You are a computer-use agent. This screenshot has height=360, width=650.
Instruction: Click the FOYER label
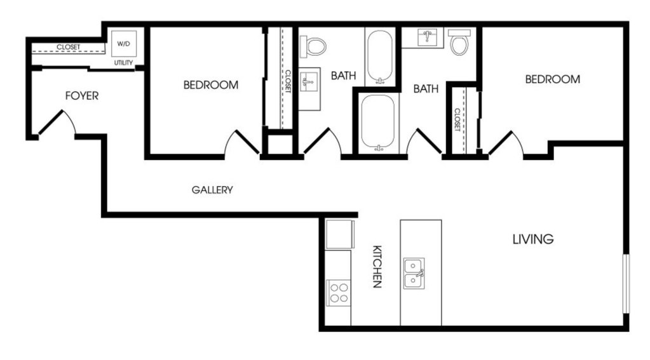pos(82,96)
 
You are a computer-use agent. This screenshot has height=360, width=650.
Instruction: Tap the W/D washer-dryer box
pos(123,44)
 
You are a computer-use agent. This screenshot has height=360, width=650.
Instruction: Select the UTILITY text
pos(123,63)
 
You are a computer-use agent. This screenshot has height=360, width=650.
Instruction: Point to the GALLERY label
pos(212,190)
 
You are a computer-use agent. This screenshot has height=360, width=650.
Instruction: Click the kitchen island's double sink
pos(414,274)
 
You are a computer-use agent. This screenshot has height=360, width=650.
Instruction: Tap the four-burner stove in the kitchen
pos(338,293)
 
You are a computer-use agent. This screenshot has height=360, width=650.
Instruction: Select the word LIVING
pos(533,239)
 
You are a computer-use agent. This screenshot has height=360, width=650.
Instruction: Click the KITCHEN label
pos(377,267)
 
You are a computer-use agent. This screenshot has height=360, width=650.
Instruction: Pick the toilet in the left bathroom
pos(313,46)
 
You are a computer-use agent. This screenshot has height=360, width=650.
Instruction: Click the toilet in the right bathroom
pos(459,42)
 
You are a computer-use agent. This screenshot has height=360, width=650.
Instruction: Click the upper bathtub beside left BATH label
pos(380,57)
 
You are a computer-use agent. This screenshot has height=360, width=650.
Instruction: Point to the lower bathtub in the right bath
pos(377,122)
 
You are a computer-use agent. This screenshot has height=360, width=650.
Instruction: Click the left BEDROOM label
pos(211,85)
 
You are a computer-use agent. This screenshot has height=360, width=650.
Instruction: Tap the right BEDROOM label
pos(553,79)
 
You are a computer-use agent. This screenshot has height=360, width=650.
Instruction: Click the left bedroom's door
pos(247,143)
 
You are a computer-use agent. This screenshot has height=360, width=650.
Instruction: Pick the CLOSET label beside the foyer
pos(69,47)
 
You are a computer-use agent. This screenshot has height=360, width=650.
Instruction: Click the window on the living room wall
pos(626,284)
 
